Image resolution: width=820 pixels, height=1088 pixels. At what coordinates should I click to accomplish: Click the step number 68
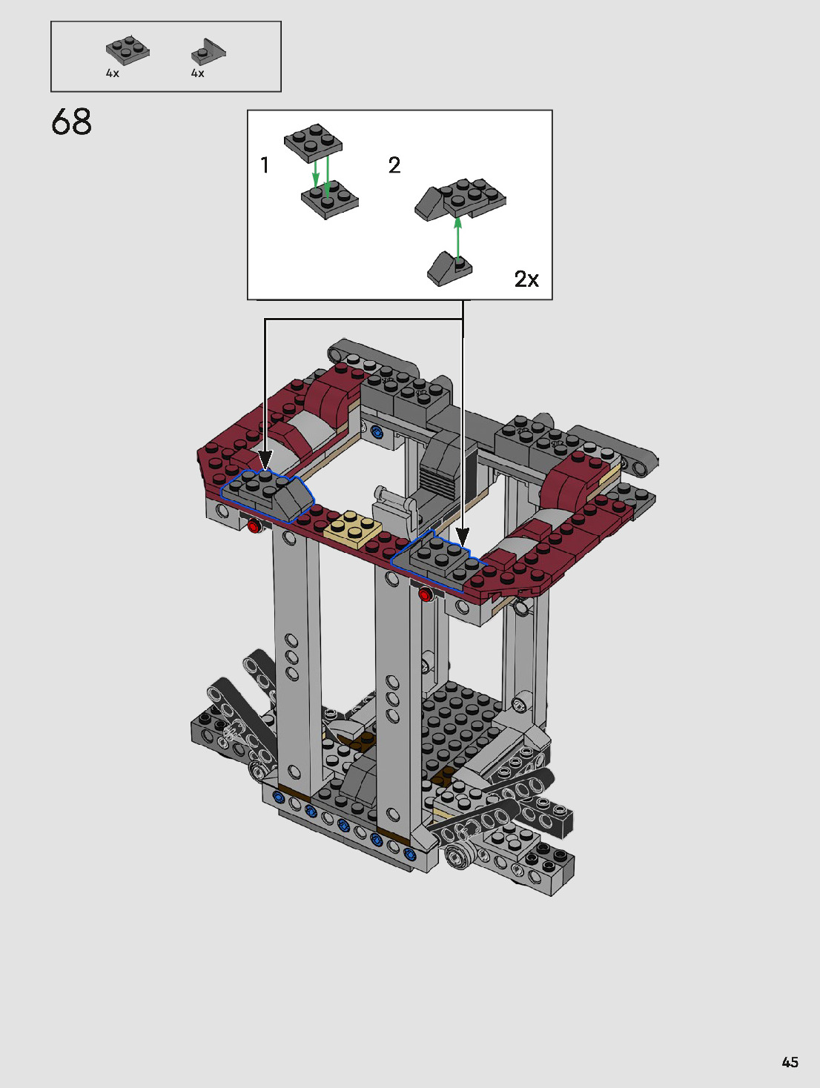(71, 122)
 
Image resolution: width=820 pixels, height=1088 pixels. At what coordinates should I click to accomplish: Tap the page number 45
(790, 1061)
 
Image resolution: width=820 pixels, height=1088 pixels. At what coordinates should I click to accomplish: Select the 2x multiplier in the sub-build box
(526, 279)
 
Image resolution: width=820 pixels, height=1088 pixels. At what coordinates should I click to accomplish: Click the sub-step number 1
(265, 165)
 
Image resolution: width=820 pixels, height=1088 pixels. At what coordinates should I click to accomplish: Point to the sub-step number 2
(394, 165)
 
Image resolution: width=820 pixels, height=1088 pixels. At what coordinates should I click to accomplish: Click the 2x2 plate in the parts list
(128, 50)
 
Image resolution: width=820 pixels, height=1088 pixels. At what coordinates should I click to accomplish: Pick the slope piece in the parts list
(208, 52)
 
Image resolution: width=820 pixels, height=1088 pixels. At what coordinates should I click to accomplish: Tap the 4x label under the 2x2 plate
(113, 73)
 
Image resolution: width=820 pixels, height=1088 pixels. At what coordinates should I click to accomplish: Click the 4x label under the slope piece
(197, 73)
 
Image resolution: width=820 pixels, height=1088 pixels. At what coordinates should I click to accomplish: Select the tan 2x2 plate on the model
(353, 529)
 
